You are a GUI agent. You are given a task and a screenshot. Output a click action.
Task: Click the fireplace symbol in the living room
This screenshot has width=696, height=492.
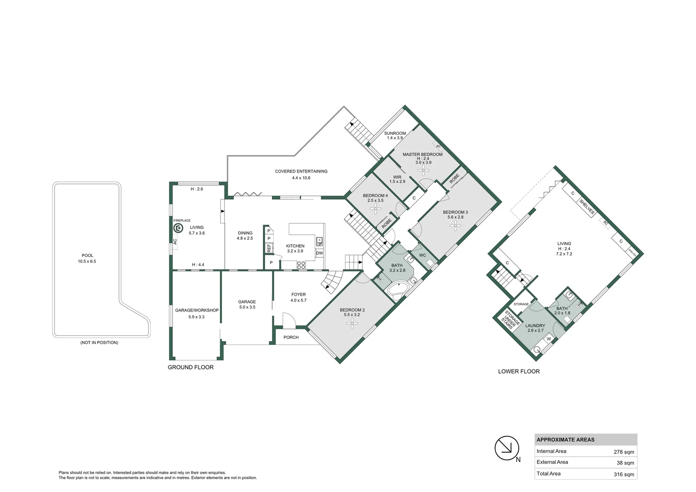pyautogui.click(x=178, y=228)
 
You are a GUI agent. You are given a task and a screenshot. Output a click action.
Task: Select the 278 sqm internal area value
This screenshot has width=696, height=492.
pyautogui.click(x=624, y=452)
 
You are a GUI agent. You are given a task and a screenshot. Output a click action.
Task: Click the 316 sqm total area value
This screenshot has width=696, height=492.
pyautogui.click(x=624, y=474)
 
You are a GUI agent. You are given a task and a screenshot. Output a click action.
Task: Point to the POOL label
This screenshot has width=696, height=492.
pyautogui.click(x=87, y=256)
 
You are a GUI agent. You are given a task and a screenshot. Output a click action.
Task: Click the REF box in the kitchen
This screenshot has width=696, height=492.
pyautogui.click(x=269, y=248)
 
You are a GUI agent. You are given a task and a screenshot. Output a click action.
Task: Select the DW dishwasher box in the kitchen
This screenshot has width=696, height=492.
pyautogui.click(x=319, y=253)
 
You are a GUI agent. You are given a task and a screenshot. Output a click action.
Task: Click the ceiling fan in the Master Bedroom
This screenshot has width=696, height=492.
pyautogui.click(x=423, y=170)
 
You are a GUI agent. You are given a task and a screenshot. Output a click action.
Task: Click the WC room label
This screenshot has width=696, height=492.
pyautogui.click(x=422, y=255)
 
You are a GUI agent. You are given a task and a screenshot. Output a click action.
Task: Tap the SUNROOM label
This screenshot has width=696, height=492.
pyautogui.click(x=394, y=133)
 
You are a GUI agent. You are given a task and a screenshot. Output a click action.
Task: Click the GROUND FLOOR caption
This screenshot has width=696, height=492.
pyautogui.click(x=190, y=367)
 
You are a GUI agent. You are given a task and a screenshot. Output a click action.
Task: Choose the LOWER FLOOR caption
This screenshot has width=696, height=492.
pyautogui.click(x=518, y=371)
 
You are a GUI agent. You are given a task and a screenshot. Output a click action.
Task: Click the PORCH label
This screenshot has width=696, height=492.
pyautogui.click(x=291, y=337)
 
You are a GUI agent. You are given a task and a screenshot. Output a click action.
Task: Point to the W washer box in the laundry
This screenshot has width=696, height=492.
pyautogui.click(x=549, y=339)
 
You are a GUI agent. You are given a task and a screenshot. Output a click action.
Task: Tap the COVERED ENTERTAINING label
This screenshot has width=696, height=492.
pyautogui.click(x=301, y=171)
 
